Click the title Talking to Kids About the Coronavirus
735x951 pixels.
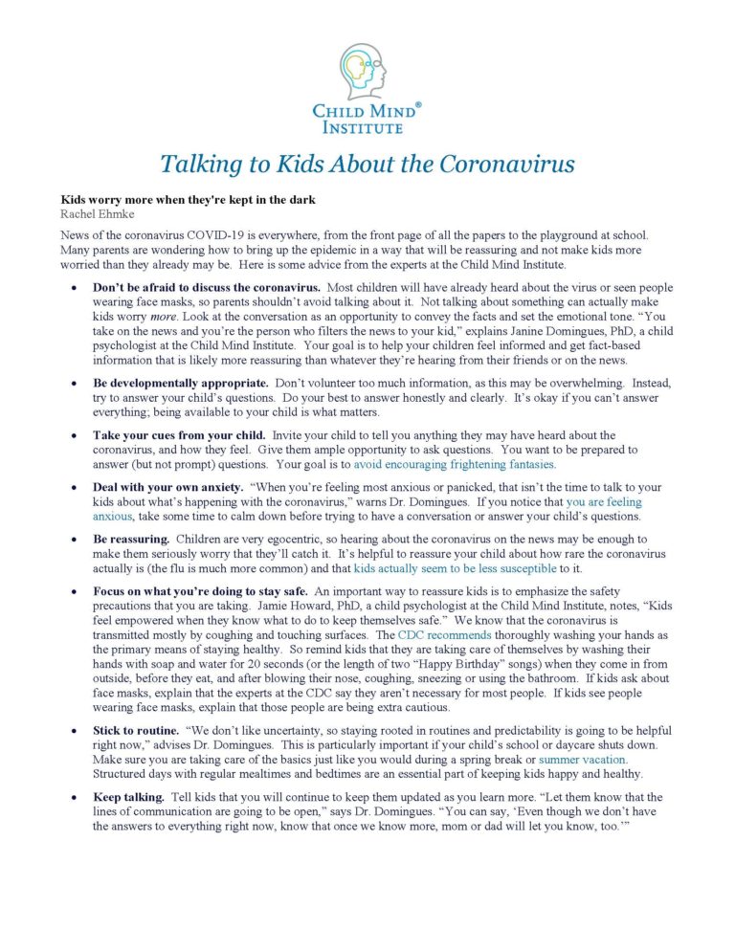tap(367, 164)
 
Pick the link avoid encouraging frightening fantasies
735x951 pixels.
tap(455, 464)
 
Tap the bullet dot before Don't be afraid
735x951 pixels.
tap(73, 287)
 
